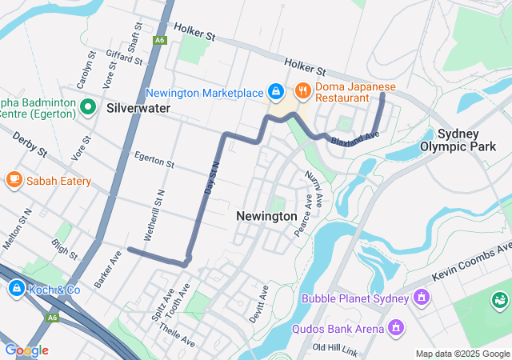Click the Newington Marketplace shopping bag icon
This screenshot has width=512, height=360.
tap(275, 93)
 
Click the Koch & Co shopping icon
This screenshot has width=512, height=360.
tap(15, 289)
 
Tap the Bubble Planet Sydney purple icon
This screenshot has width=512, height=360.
tap(421, 299)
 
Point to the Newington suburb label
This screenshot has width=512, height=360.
tap(266, 216)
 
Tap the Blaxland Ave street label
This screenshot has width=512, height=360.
tap(352, 138)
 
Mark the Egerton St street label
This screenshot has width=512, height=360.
tap(154, 159)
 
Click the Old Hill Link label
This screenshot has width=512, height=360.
tap(339, 347)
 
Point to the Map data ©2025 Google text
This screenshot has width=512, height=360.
tap(462, 354)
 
